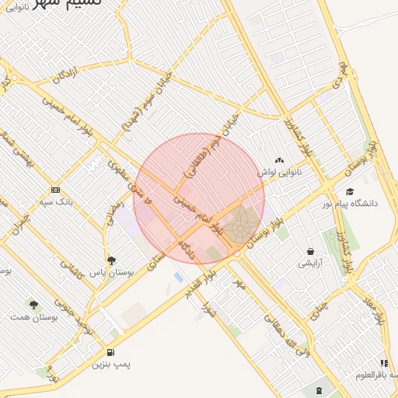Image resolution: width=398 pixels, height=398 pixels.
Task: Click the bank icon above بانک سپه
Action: click(x=55, y=190)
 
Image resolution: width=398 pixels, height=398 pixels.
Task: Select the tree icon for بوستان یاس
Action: click(x=111, y=261)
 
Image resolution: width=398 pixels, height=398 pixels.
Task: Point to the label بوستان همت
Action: click(x=31, y=317)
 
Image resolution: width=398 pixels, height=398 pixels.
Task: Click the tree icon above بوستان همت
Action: click(x=33, y=305)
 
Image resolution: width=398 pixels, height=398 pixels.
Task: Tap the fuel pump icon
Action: click(x=111, y=351)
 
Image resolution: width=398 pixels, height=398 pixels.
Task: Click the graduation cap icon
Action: click(x=350, y=191)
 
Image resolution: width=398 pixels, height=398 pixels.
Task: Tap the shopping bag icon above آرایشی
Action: click(x=311, y=251)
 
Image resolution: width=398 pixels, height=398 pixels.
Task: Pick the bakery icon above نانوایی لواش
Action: click(x=280, y=159)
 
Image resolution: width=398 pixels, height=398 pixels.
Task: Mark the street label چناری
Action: click(x=319, y=309)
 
